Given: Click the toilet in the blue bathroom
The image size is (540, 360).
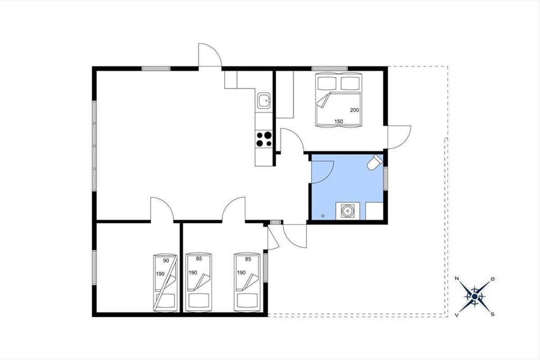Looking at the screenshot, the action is tap(374, 162).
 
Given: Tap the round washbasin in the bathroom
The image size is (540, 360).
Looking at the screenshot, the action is tap(347, 211).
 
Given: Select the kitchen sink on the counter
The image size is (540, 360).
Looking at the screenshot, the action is tap(264, 101).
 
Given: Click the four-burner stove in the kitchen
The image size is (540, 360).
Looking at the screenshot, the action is tap(264, 139).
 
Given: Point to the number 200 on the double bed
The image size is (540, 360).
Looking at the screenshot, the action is tap(355, 110).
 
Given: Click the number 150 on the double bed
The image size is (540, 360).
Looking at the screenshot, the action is tap(338, 121).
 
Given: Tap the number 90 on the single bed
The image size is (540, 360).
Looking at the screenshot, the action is tap(166, 261).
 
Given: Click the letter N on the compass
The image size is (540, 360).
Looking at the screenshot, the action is tap(457, 279).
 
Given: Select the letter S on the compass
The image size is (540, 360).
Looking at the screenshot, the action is tap(493, 315).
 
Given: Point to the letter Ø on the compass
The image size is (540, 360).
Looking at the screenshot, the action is tap(493, 279).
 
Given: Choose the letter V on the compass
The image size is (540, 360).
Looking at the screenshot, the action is tap(457, 315).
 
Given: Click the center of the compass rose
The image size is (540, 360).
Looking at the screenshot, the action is tap(475, 297).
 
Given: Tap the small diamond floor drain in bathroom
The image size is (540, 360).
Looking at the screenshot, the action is tap(323, 216).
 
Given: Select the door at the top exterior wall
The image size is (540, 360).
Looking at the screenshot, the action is tap(210, 55).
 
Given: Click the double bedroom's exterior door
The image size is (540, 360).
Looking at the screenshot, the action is tap(399, 137).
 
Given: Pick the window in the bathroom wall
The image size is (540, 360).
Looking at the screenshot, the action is tap(386, 179).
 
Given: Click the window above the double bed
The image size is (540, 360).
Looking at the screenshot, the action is tap(329, 68).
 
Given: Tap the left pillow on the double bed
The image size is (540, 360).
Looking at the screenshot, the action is tap(327, 83).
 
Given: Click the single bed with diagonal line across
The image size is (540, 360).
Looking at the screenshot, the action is tap(166, 283).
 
